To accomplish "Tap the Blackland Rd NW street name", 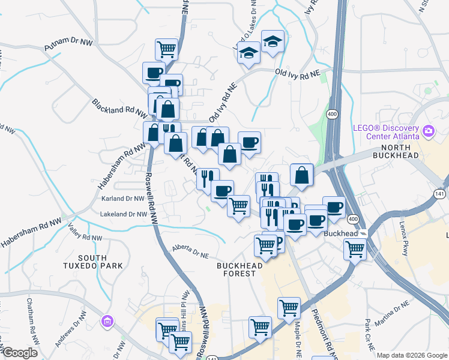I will [119, 107].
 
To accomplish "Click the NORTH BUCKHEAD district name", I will [396, 152].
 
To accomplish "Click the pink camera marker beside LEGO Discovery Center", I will [429, 130].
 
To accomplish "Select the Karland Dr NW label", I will [123, 199].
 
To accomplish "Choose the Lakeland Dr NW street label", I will [124, 214].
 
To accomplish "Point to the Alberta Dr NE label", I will [190, 251].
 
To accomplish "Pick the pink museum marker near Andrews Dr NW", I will [107, 322].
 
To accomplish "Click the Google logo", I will [19, 353].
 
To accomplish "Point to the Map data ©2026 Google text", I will [412, 355].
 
